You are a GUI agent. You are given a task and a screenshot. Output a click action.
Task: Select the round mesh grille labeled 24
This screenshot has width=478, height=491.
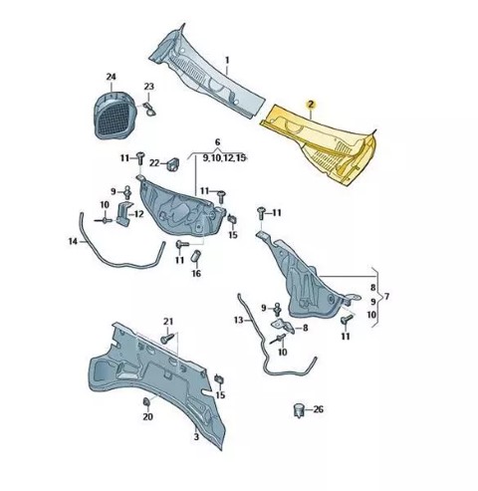[x=115, y=115]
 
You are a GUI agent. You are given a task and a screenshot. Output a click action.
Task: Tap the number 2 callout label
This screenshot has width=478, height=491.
[x=311, y=105]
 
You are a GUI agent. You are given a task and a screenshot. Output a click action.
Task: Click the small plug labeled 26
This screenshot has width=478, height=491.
[x=300, y=410]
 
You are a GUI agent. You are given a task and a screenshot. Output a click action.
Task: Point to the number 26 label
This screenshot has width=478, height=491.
[x=318, y=409]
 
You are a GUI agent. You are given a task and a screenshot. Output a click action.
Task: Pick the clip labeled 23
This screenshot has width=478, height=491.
[x=149, y=109]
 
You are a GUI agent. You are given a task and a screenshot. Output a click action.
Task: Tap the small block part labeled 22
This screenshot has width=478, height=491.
[x=172, y=163]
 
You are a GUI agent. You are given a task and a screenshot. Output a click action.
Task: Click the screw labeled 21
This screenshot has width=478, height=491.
[x=167, y=338]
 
